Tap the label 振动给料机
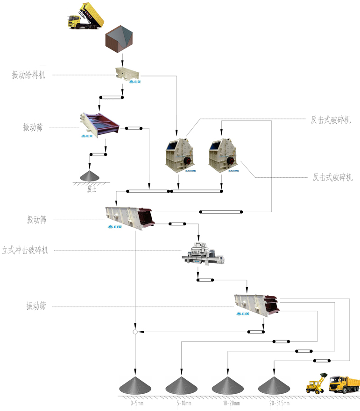coord(29,75)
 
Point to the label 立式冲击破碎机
coord(25,250)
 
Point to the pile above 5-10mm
coord(182,385)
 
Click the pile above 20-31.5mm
coord(274,385)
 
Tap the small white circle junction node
coord(135,332)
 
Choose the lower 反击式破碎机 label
coord(332,177)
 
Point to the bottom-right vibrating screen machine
coord(257,304)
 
